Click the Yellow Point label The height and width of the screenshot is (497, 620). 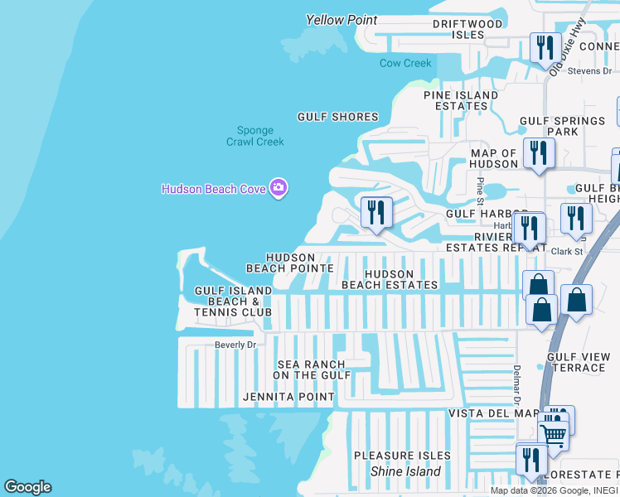[341, 20]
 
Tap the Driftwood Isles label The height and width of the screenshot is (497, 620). [467, 29]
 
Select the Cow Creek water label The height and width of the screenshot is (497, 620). [405, 64]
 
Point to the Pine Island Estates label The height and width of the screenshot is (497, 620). [461, 100]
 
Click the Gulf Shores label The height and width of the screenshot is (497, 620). [338, 117]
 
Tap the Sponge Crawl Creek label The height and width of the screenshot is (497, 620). [255, 136]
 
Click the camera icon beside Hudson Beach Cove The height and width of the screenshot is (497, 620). [279, 189]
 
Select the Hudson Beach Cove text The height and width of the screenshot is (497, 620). [213, 189]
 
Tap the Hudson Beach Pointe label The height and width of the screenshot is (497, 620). [290, 263]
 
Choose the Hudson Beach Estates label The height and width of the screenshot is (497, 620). [390, 279]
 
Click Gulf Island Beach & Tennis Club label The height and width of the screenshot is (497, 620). [233, 302]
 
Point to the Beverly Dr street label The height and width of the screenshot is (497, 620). [235, 345]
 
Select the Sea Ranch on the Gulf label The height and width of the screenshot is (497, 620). [309, 369]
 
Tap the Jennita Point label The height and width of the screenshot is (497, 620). [288, 397]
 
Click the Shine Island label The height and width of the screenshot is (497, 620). [405, 471]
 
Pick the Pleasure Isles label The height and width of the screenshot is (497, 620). [402, 456]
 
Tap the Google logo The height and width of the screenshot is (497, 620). [27, 487]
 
